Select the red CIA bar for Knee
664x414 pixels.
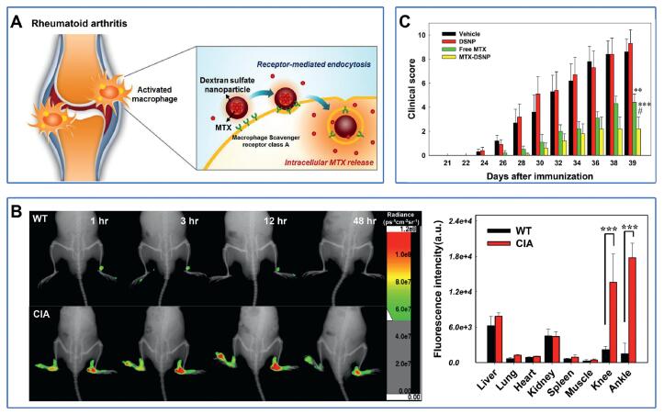point(608,321)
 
